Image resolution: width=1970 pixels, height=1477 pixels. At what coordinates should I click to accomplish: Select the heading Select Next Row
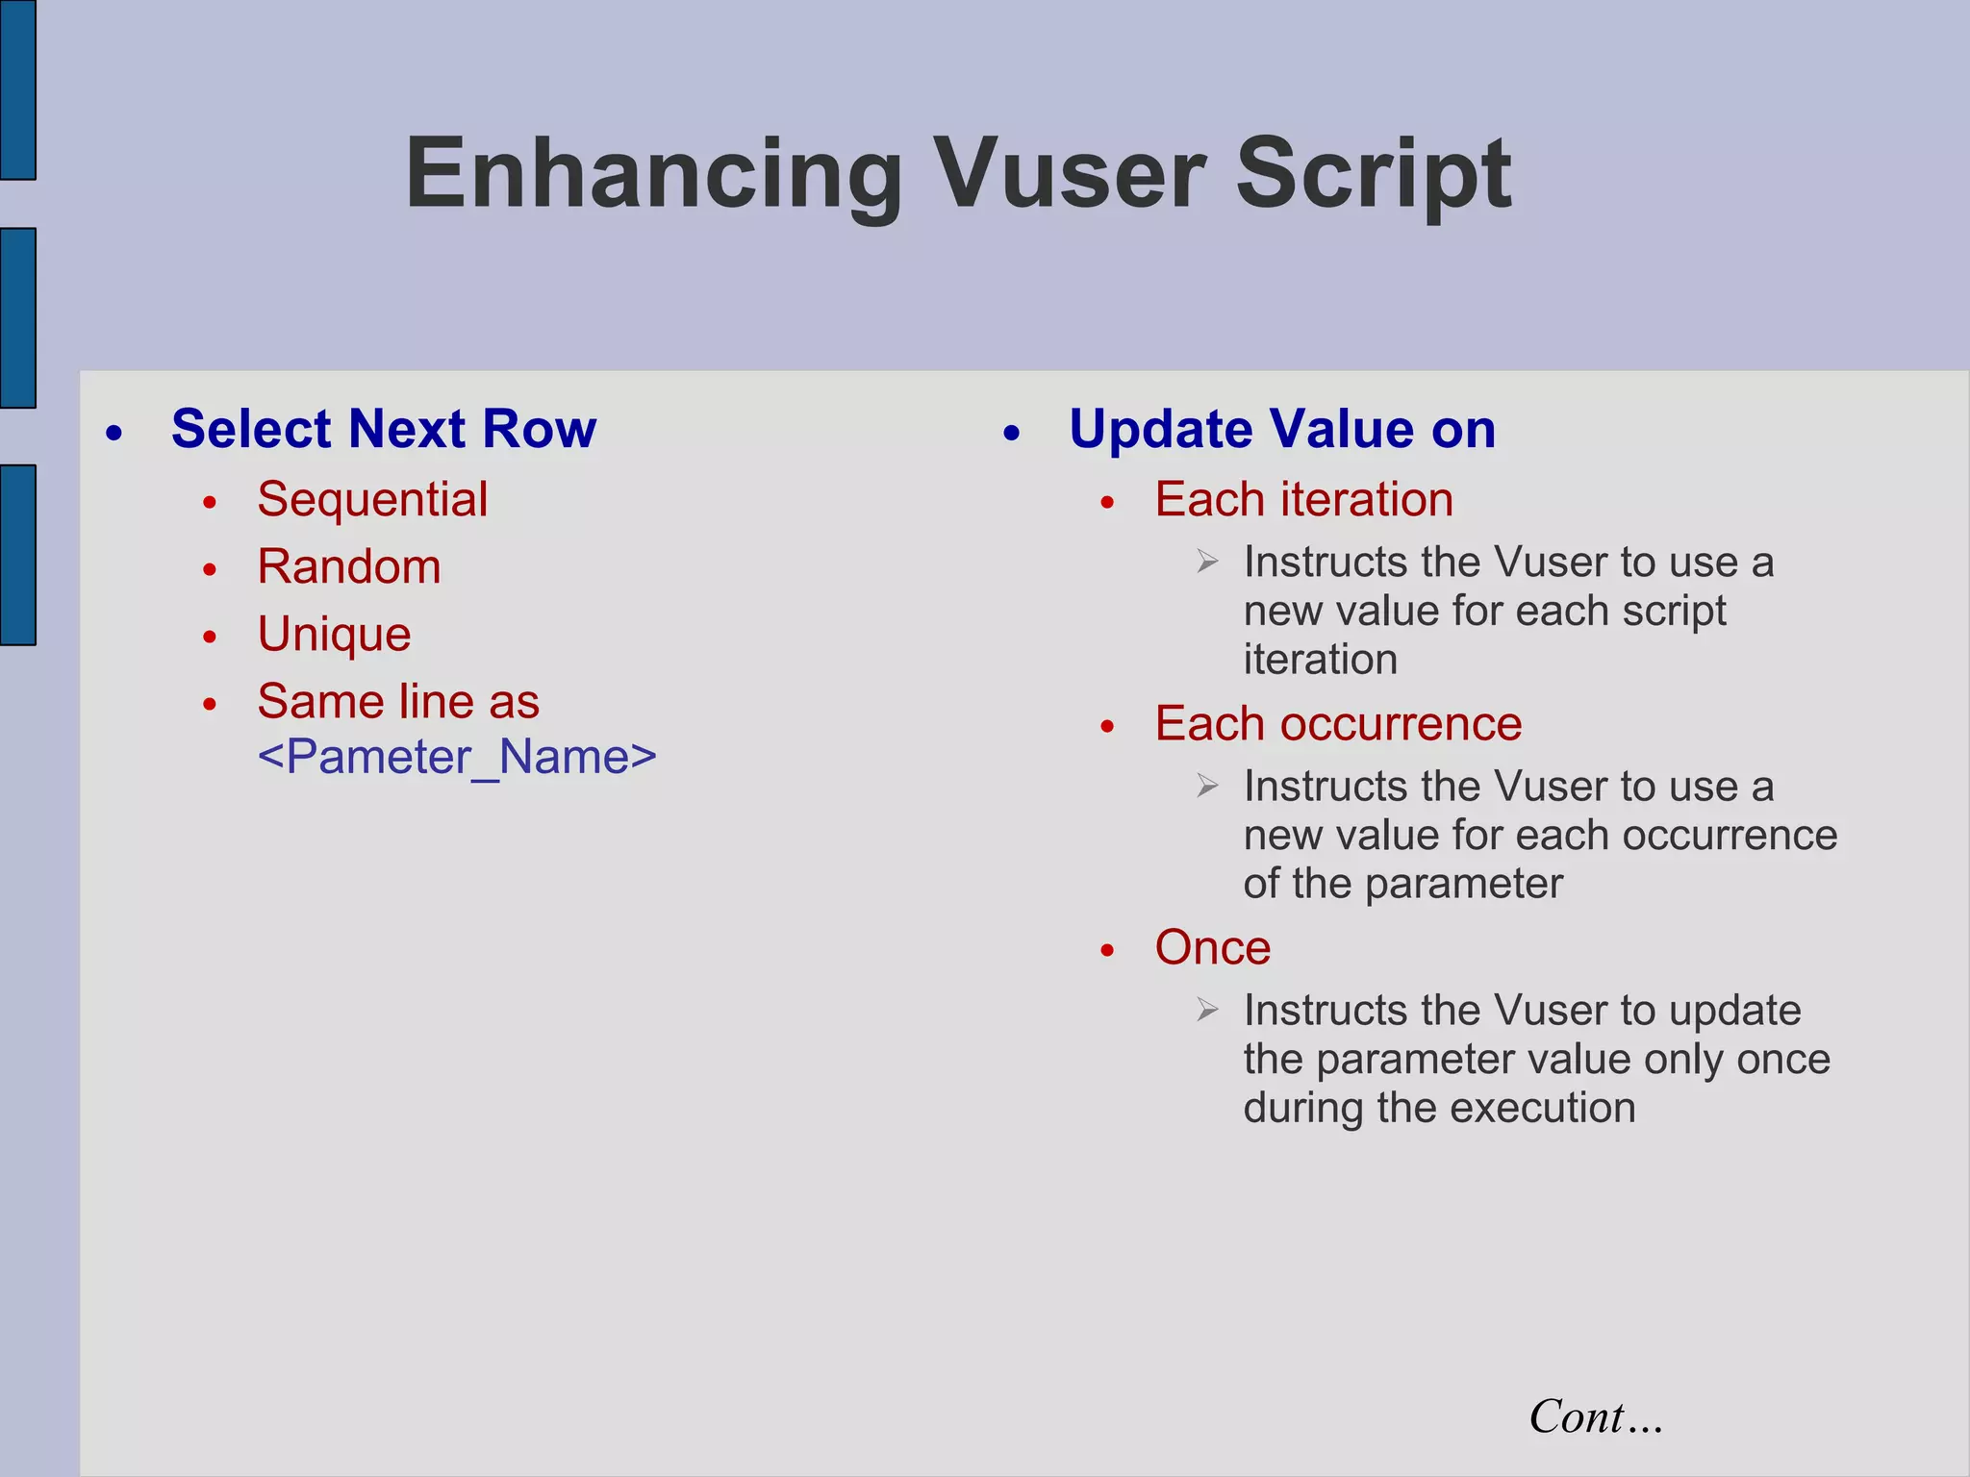pyautogui.click(x=383, y=429)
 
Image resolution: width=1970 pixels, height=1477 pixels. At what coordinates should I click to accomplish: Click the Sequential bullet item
pyautogui.click(x=372, y=500)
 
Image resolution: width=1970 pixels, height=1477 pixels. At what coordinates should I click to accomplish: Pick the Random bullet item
pyautogui.click(x=348, y=567)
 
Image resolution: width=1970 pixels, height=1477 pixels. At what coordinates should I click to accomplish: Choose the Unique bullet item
pyautogui.click(x=334, y=635)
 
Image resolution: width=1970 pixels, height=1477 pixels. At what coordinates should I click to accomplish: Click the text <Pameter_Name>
pyautogui.click(x=457, y=758)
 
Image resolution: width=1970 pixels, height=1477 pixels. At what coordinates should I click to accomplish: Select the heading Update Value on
pyautogui.click(x=1281, y=429)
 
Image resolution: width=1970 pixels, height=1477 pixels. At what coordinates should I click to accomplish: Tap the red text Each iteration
pyautogui.click(x=1303, y=500)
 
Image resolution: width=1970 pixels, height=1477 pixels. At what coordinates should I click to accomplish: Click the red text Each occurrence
pyautogui.click(x=1337, y=724)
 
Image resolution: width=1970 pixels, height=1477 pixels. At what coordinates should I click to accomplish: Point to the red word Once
pyautogui.click(x=1212, y=948)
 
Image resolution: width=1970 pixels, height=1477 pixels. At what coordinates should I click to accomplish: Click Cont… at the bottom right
pyautogui.click(x=1595, y=1417)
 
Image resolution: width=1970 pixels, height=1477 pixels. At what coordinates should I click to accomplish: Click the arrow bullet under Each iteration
pyautogui.click(x=1208, y=562)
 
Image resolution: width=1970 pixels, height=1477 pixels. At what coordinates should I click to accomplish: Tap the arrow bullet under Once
pyautogui.click(x=1208, y=1010)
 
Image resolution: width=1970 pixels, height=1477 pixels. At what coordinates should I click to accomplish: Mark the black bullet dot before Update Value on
pyautogui.click(x=1011, y=434)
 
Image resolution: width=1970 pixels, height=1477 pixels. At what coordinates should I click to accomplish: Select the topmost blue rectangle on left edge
pyautogui.click(x=17, y=89)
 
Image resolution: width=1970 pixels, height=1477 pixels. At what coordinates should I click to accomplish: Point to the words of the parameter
pyautogui.click(x=1402, y=884)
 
